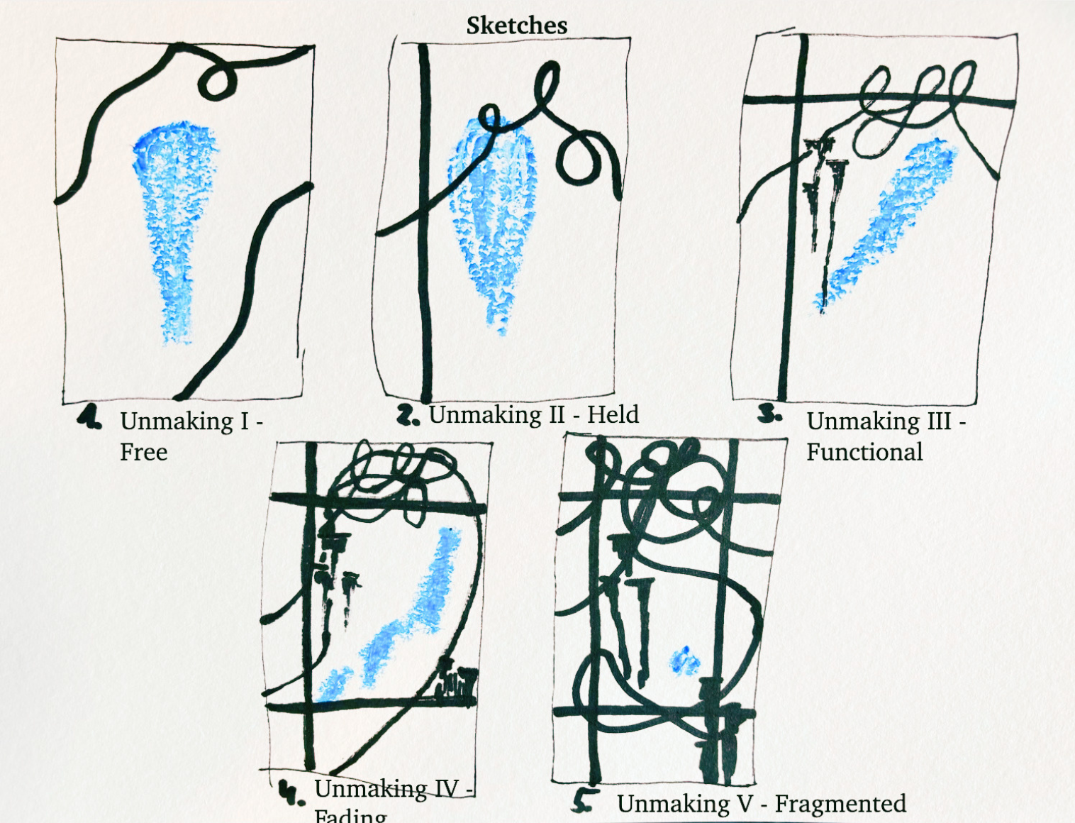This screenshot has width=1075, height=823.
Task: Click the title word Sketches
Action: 516,26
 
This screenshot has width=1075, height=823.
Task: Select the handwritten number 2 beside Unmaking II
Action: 408,415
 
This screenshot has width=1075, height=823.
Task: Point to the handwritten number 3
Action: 769,414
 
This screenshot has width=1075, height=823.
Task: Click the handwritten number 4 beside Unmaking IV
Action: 291,792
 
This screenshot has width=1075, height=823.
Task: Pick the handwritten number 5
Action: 584,801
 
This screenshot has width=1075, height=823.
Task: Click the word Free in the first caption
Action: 143,452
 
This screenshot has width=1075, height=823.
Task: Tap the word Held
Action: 613,414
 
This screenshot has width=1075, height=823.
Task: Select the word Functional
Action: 864,452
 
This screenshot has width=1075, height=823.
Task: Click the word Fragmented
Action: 840,803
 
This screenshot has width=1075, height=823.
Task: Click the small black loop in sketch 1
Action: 216,80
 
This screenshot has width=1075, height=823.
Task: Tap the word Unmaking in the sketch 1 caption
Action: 177,421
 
